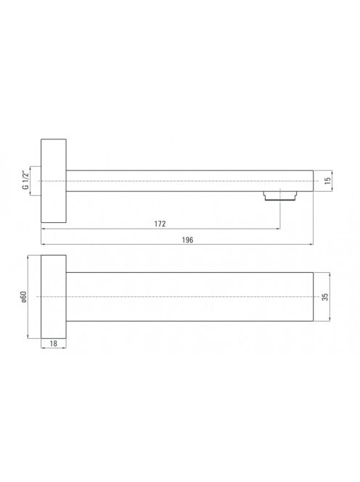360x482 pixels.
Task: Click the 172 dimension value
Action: click(x=160, y=224)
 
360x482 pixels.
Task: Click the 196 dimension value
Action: click(x=187, y=240)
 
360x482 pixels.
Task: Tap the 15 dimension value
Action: click(x=328, y=181)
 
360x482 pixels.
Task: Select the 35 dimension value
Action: click(x=325, y=297)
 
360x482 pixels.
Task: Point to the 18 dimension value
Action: click(x=54, y=343)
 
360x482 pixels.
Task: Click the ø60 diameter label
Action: click(x=24, y=297)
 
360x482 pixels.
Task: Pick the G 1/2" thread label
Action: click(x=25, y=181)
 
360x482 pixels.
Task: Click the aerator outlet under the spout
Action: click(x=280, y=196)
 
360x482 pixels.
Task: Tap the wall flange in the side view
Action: click(x=54, y=181)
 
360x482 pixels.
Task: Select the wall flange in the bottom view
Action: click(x=54, y=297)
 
